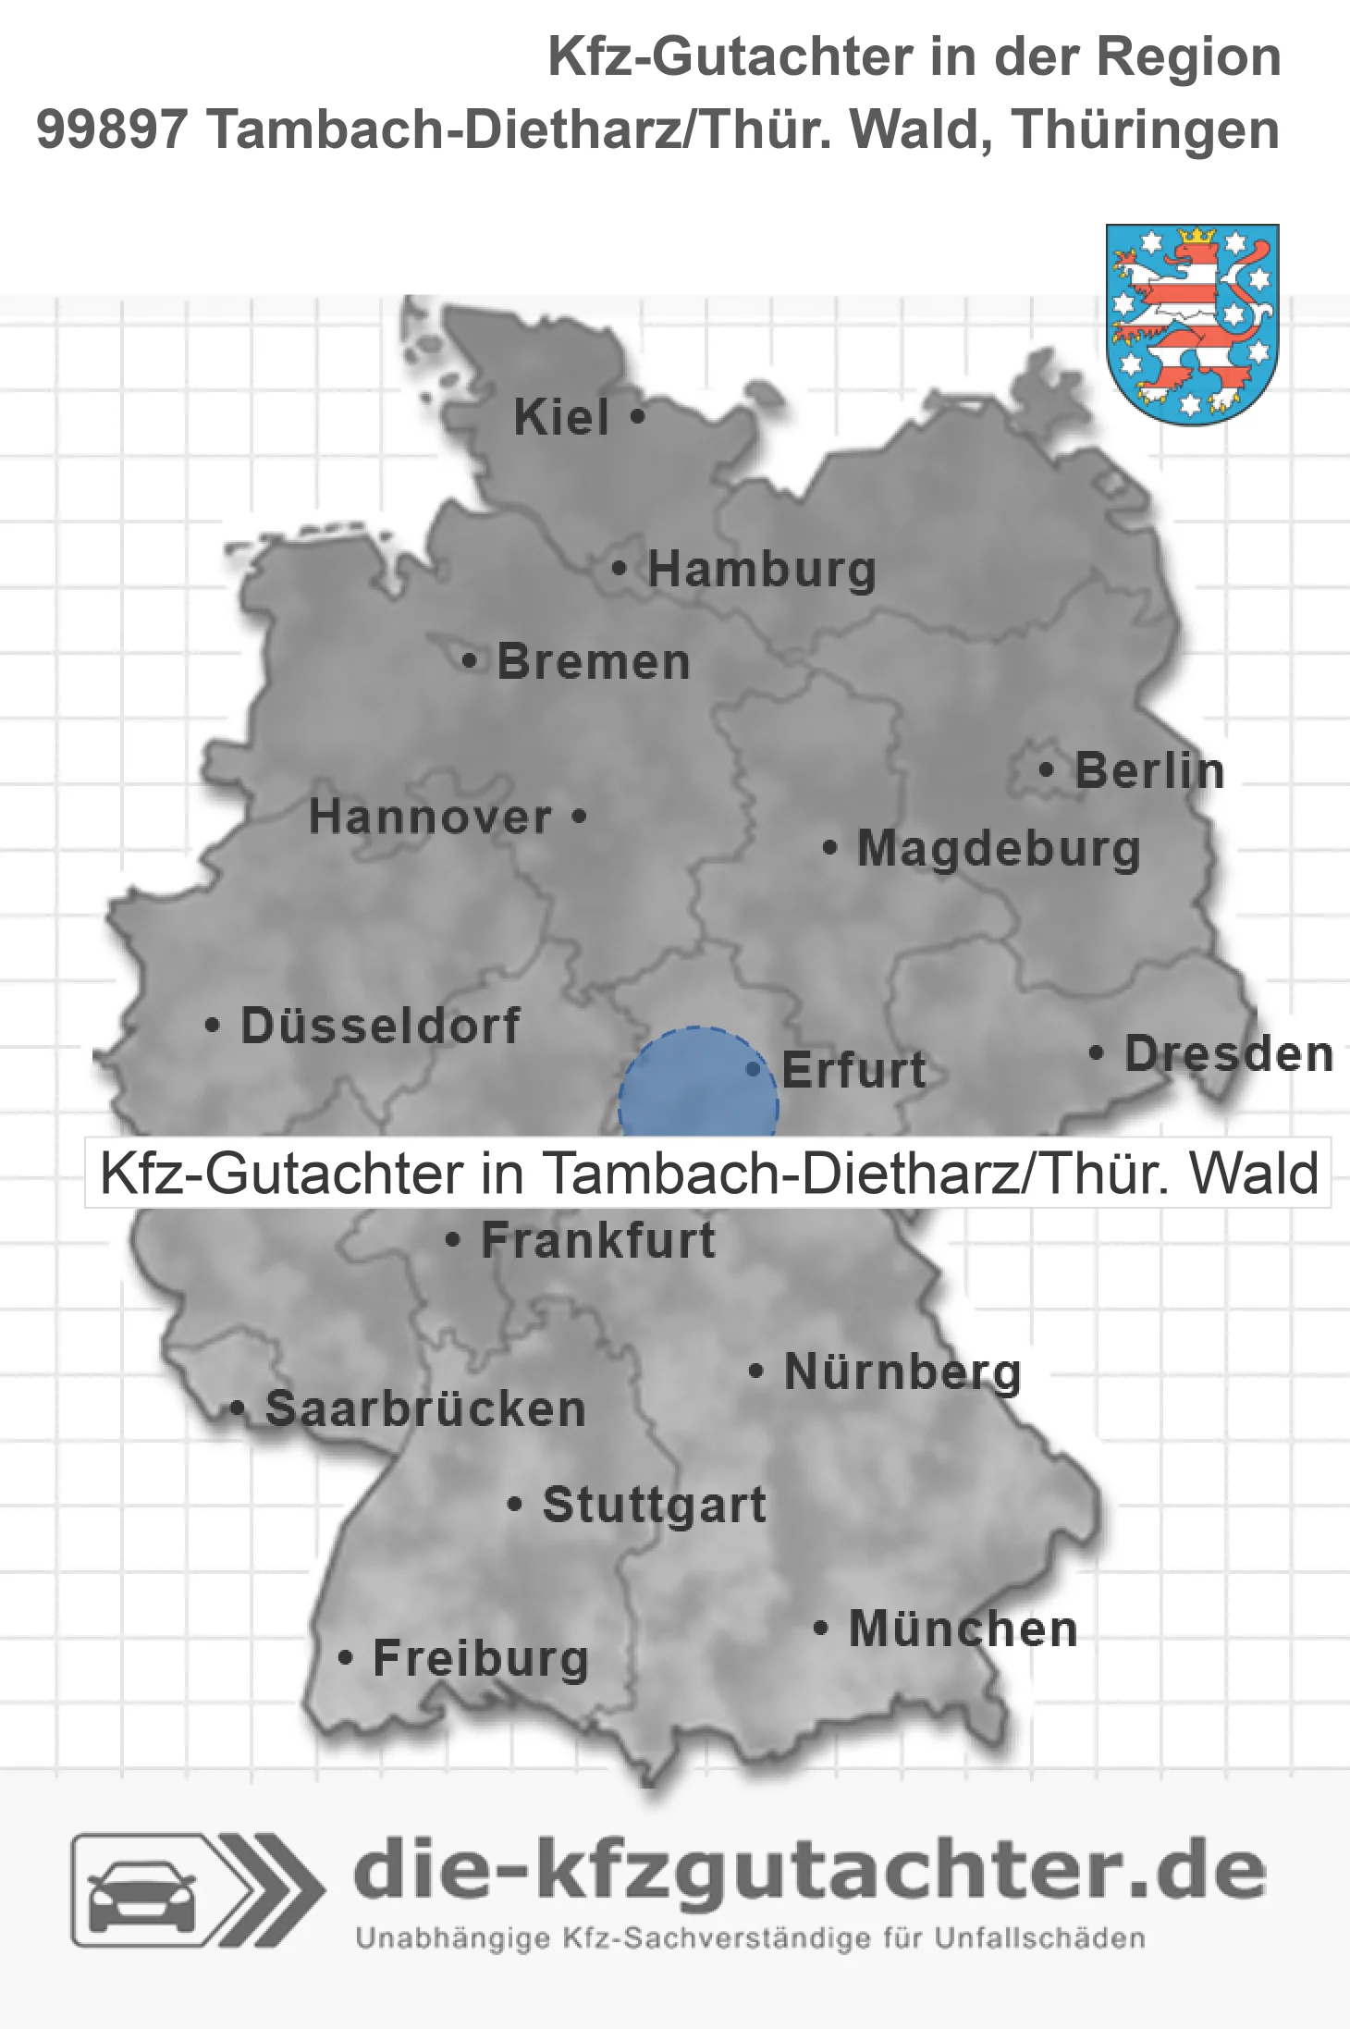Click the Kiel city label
tap(561, 418)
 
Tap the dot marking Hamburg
tap(619, 569)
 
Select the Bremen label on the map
tap(594, 662)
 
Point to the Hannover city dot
tap(579, 817)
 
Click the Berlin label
tap(1149, 771)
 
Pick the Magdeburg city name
tap(999, 849)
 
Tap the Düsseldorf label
tap(380, 1026)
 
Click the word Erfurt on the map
tap(853, 1070)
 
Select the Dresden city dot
tap(1096, 1052)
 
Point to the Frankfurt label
tap(598, 1240)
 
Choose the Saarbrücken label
tap(425, 1409)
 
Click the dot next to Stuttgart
tap(515, 1504)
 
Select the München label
tap(963, 1629)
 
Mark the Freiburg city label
tap(481, 1658)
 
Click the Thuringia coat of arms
tap(1192, 324)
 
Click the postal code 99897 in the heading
tap(112, 129)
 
